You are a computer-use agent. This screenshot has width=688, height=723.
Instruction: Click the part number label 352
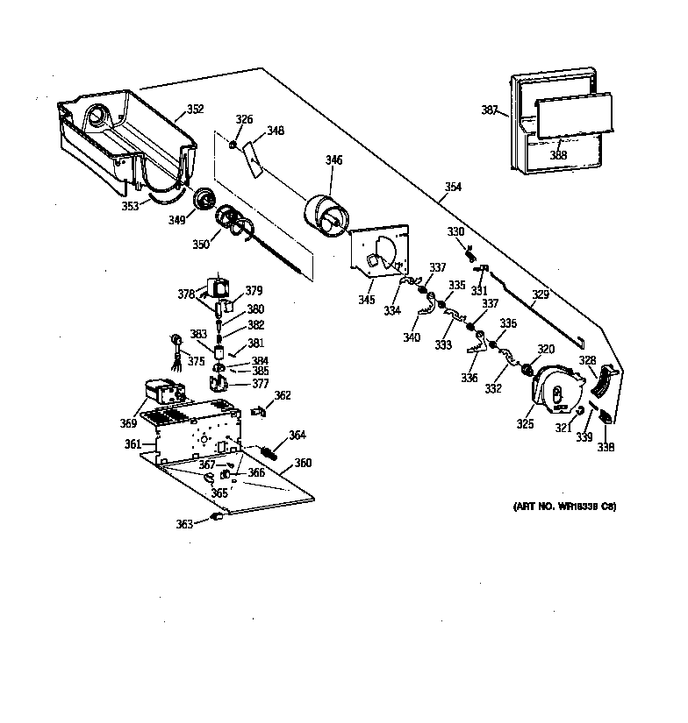pyautogui.click(x=195, y=110)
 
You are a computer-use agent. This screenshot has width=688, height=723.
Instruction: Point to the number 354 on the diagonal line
pyautogui.click(x=453, y=188)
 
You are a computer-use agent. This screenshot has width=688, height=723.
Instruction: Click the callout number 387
pyautogui.click(x=489, y=110)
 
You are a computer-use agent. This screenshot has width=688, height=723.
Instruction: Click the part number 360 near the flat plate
pyautogui.click(x=303, y=463)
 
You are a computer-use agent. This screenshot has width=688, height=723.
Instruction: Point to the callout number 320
pyautogui.click(x=546, y=348)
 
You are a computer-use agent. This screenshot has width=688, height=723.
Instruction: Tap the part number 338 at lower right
pyautogui.click(x=606, y=447)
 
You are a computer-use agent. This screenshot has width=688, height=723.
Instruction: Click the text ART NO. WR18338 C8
pyautogui.click(x=564, y=507)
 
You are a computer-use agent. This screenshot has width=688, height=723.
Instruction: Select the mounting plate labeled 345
pyautogui.click(x=379, y=253)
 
